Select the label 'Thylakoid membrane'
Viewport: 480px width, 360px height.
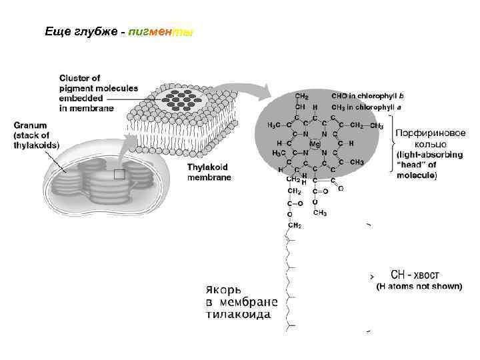coord(209,173)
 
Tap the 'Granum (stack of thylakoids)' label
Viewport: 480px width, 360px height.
coord(36,135)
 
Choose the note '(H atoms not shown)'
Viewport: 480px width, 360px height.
coord(419,287)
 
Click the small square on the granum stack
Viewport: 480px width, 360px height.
coord(119,175)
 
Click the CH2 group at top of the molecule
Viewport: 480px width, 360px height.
coord(301,96)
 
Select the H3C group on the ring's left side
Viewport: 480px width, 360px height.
coord(274,125)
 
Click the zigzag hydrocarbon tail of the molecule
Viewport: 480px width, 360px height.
coord(289,280)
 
